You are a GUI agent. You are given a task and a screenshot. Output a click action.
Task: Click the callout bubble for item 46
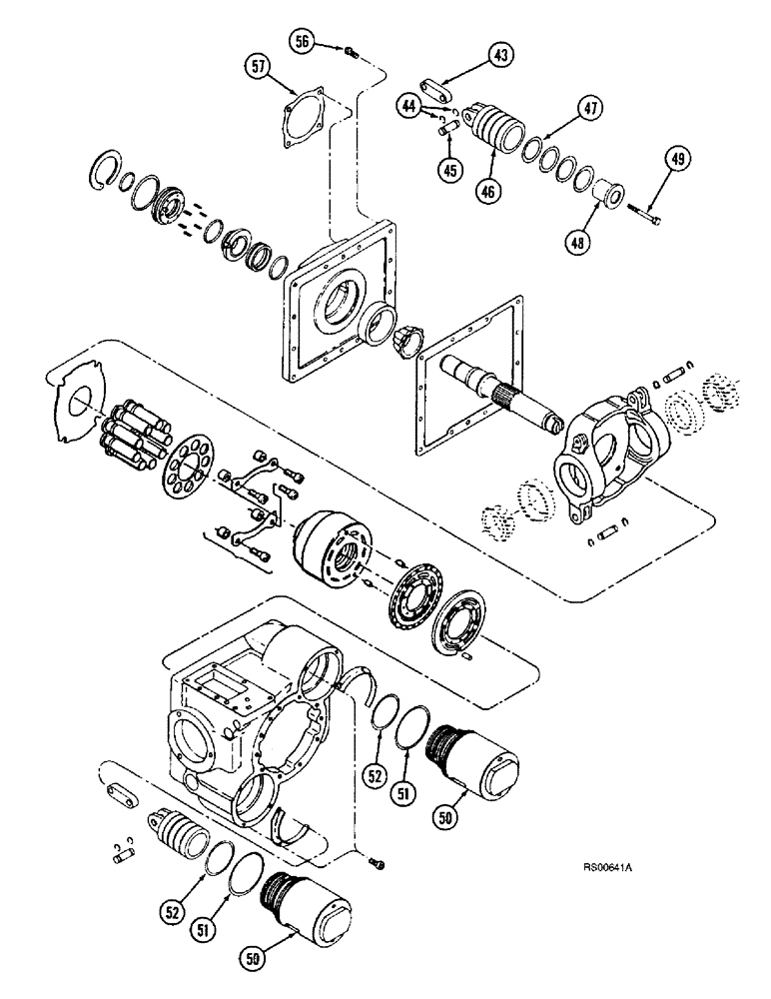[488, 188]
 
